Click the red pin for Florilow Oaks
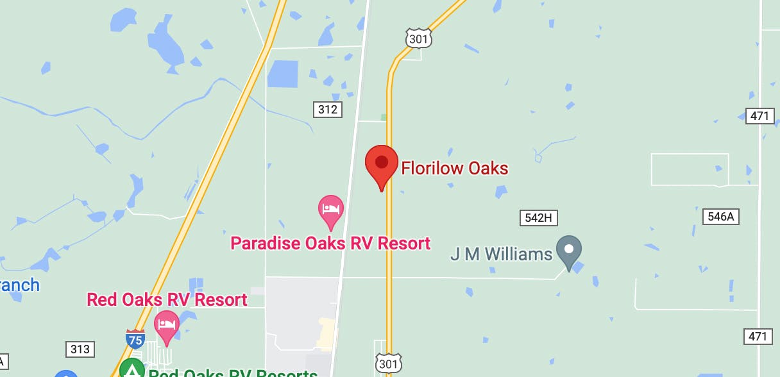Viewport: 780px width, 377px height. [382, 163]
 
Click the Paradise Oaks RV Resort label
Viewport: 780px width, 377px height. [330, 244]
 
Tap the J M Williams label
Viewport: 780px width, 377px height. [501, 255]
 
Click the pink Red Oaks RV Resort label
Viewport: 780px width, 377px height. [167, 299]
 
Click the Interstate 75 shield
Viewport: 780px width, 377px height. [135, 339]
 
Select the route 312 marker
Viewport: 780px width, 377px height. [328, 110]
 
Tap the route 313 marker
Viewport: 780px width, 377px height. [80, 349]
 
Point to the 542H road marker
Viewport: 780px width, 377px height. [538, 218]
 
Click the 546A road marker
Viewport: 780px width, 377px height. [720, 217]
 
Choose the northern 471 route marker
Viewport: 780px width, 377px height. [760, 116]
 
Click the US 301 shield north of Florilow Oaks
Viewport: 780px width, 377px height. [418, 38]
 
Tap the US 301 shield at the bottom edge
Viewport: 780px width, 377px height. [388, 362]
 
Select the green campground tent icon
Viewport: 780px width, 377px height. [132, 369]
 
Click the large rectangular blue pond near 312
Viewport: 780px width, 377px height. [283, 74]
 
